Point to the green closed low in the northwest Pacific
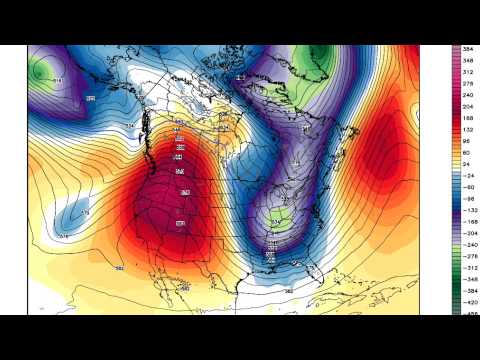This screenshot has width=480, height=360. pos(43,71)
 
